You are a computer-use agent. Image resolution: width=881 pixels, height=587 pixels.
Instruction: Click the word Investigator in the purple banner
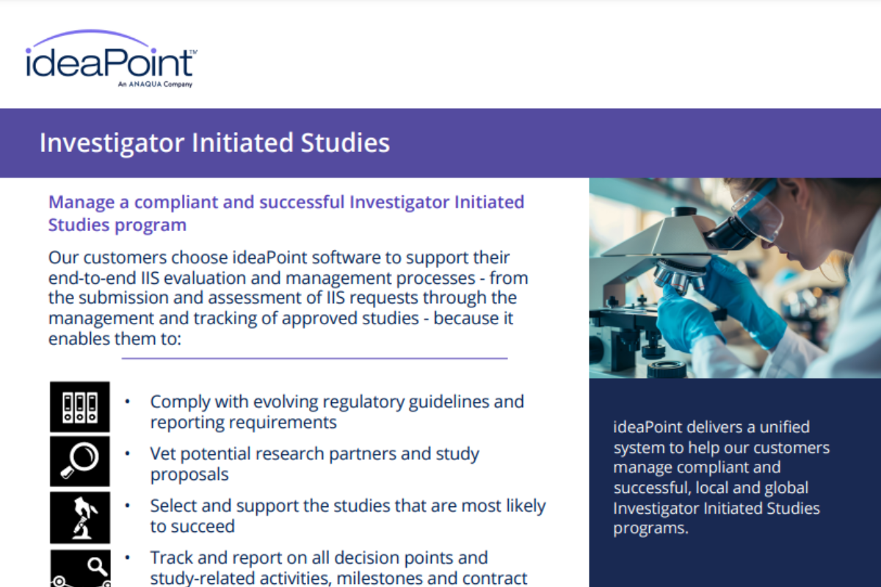pyautogui.click(x=112, y=142)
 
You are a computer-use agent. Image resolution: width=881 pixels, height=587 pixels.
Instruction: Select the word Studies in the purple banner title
pyautogui.click(x=344, y=142)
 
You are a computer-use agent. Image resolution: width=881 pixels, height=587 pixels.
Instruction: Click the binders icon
pyautogui.click(x=79, y=406)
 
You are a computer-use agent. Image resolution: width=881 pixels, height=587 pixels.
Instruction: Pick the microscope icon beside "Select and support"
pyautogui.click(x=79, y=517)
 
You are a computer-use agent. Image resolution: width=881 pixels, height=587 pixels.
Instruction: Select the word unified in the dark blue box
pyautogui.click(x=783, y=426)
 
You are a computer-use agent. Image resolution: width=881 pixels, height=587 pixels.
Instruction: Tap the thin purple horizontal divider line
pyautogui.click(x=314, y=359)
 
